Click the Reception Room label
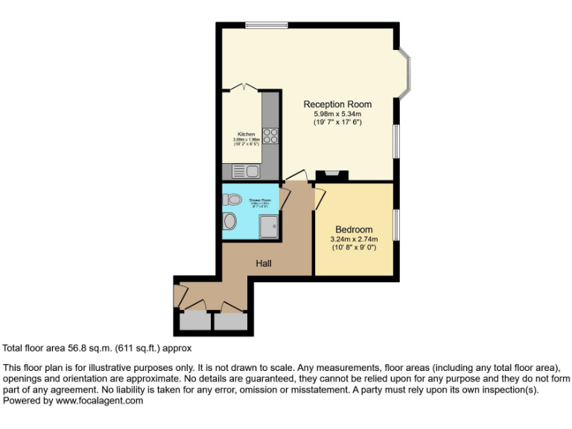coord(337,104)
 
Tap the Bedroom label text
coord(354,229)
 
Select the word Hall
coord(264,264)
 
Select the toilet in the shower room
coord(232,200)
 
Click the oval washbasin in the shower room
coord(229,220)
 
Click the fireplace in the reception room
coord(331,176)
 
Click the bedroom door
coord(320,197)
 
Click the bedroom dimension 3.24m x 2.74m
coord(354,239)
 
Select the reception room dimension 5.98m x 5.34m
coord(337,113)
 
